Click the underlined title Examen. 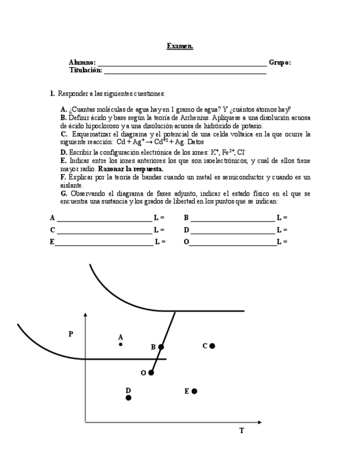180,46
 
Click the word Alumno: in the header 82,63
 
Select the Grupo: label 280,63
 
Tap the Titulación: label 85,70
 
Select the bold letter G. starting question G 64,193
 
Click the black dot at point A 121,345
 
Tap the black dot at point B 161,347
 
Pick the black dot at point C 212,346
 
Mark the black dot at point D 129,397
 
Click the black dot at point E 194,391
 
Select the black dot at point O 151,373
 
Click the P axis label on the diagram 71,334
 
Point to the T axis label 241,431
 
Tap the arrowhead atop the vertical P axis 85,315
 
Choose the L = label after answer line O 282,242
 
